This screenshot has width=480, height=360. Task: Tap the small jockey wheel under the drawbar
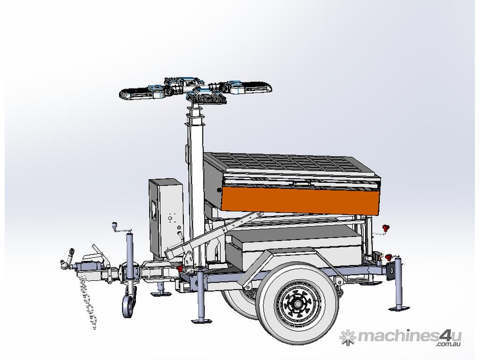point(129,306)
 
